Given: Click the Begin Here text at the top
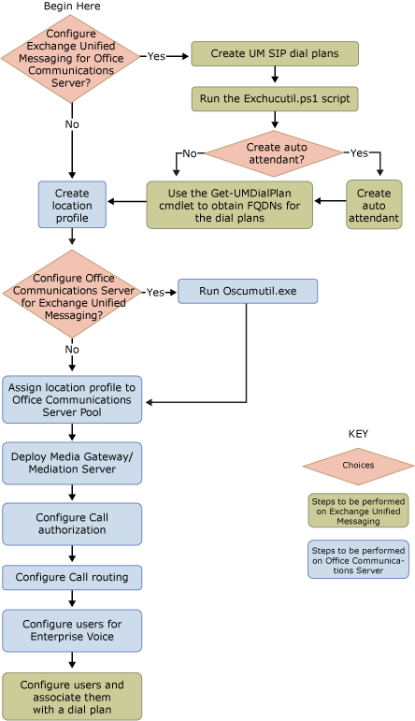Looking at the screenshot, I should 72,7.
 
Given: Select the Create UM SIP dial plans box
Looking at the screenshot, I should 274,53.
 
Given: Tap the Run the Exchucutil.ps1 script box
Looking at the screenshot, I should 274,97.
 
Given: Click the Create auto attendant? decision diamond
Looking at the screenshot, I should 274,153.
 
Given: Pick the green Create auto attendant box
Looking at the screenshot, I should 374,205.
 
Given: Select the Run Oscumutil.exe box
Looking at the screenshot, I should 248,291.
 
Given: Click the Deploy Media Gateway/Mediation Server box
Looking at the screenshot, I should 72,463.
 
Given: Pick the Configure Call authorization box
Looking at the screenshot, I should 72,524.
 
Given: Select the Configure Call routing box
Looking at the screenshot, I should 72,577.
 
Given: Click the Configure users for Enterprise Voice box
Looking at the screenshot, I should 72,630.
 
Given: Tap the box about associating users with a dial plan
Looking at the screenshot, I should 72,696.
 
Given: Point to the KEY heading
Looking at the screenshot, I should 358,434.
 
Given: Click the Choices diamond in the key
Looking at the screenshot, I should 358,466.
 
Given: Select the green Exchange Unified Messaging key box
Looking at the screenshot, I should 358,510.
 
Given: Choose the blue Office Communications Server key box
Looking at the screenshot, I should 358,559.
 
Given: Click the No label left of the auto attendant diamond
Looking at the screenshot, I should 189,153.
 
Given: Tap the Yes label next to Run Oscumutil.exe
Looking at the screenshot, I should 155,292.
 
